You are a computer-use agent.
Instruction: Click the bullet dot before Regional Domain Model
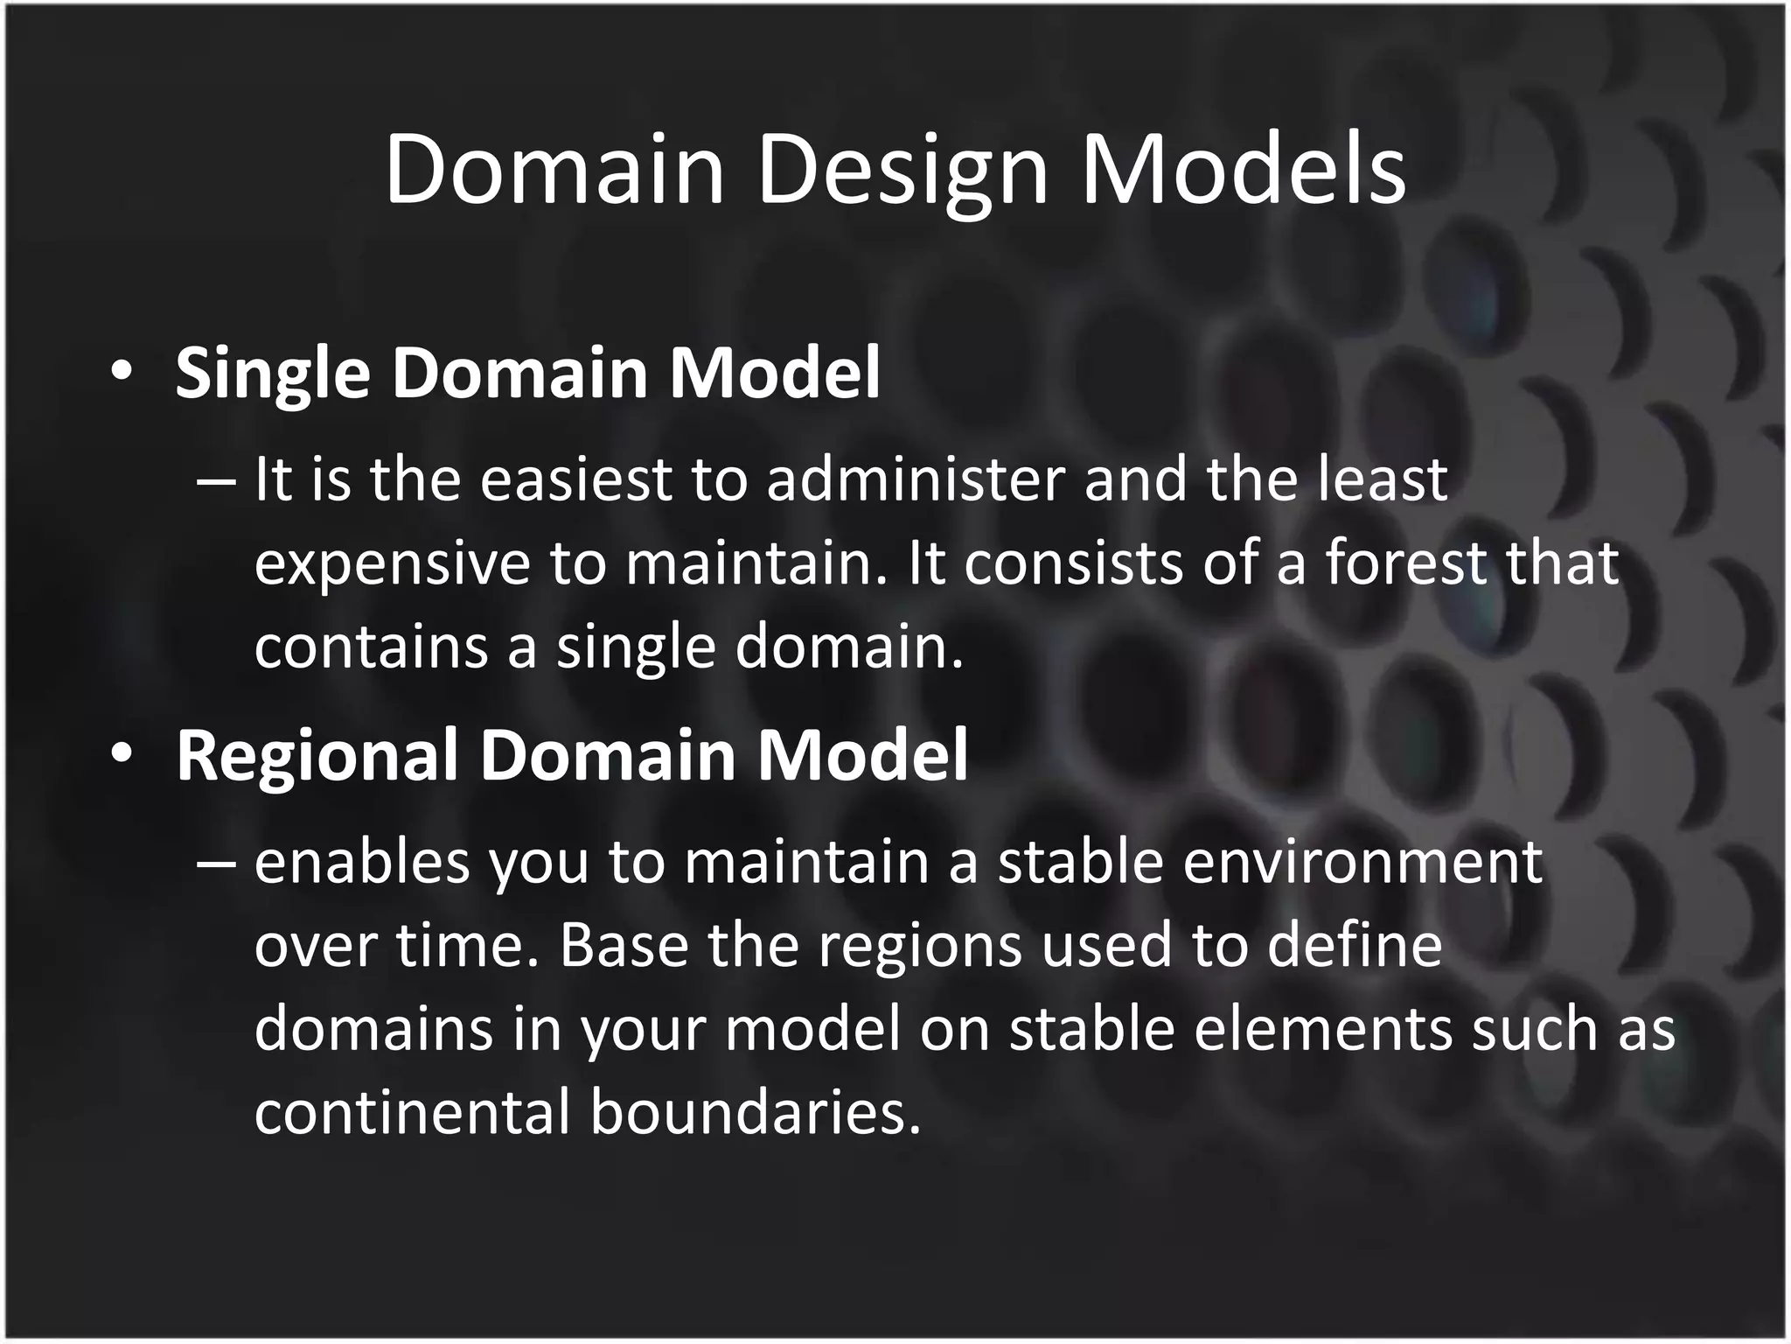pos(122,754)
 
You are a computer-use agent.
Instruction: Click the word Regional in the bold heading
pos(317,754)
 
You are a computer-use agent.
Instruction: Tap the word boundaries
pos(756,1111)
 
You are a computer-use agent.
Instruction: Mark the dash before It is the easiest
pos(217,481)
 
